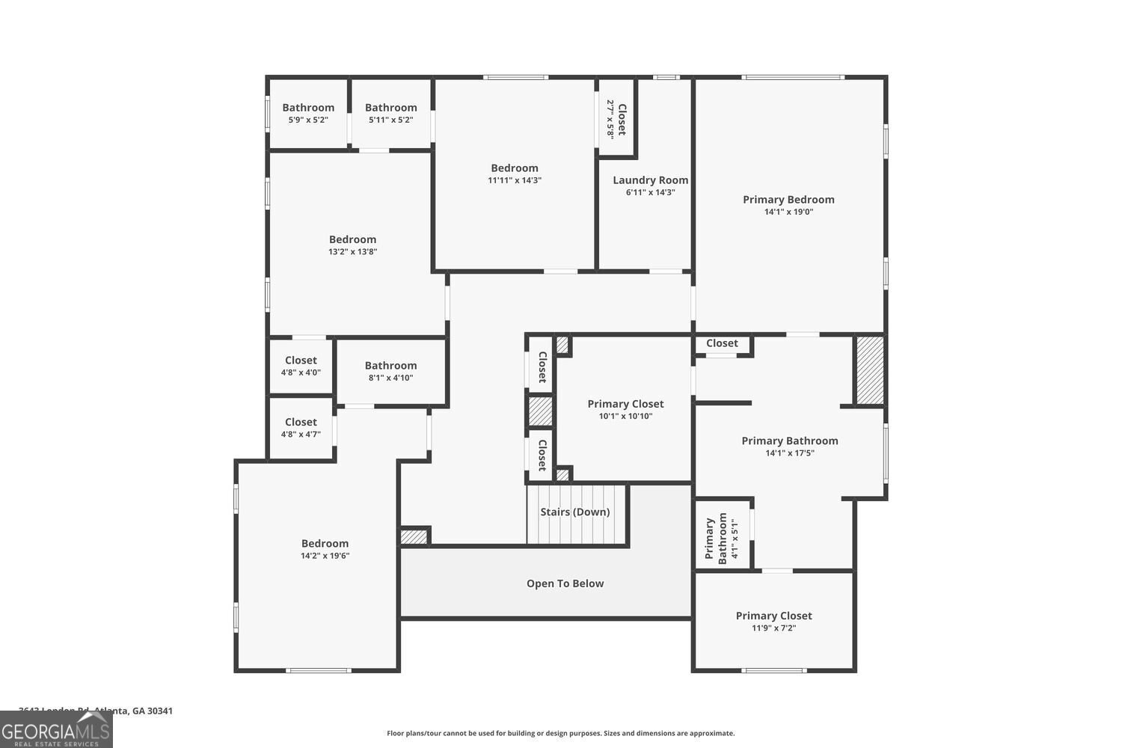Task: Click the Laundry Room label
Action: point(650,180)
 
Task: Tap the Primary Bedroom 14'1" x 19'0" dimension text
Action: point(788,212)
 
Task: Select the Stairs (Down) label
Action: point(574,512)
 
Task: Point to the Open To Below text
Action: point(565,583)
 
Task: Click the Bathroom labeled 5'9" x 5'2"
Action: point(307,113)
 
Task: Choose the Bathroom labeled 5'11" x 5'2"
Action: point(390,113)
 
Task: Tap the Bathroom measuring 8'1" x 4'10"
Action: point(390,371)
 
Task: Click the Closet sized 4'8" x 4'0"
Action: point(301,366)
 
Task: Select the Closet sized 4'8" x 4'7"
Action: point(301,428)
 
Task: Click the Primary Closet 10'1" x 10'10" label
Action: point(625,409)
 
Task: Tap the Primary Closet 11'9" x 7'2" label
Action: point(773,621)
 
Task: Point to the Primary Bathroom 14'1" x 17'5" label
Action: point(789,447)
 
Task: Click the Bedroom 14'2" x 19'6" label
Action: point(325,549)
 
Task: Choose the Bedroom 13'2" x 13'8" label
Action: point(352,245)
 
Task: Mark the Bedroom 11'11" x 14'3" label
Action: point(514,174)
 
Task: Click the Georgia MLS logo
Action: point(56,730)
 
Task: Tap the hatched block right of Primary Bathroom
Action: point(869,370)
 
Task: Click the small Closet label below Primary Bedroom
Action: point(722,343)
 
